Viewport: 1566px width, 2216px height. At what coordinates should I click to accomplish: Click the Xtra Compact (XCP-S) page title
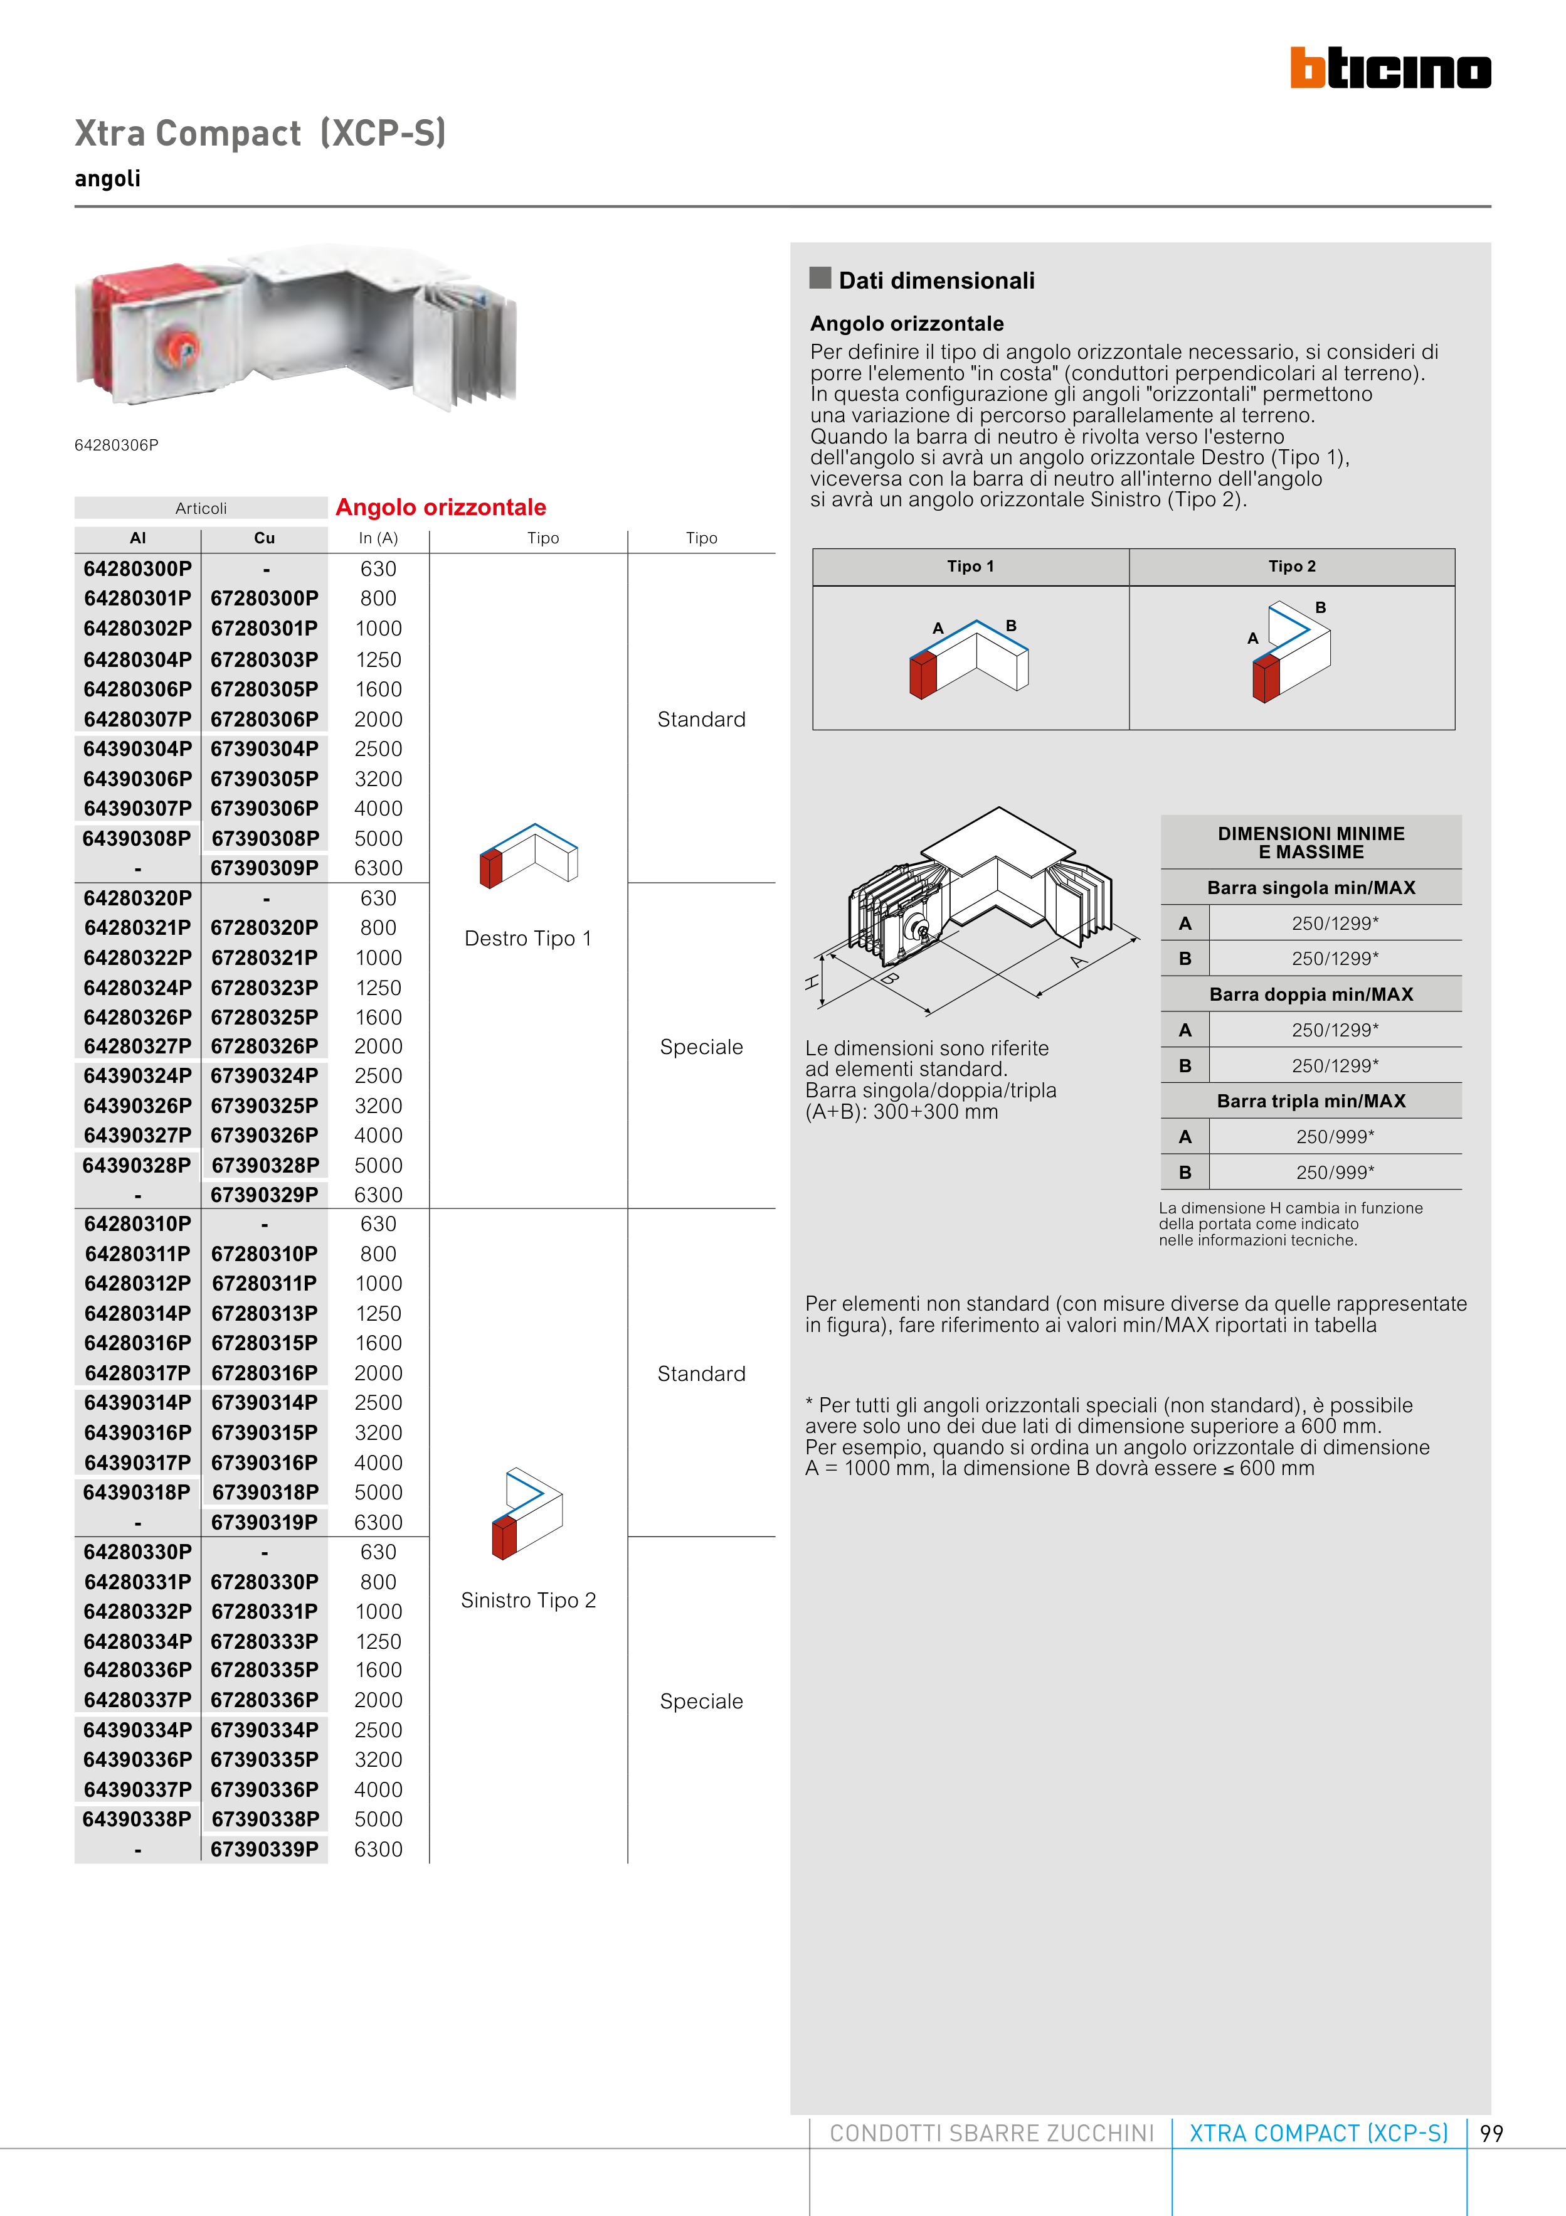click(x=260, y=133)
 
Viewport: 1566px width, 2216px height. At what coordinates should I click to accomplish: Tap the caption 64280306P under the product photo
click(x=117, y=445)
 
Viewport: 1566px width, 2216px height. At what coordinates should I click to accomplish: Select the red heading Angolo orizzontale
click(x=441, y=508)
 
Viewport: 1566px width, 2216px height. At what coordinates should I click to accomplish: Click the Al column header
click(x=138, y=538)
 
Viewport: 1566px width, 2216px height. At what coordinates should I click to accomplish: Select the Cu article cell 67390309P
click(x=265, y=868)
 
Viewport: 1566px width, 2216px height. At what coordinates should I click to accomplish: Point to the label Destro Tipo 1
click(x=528, y=938)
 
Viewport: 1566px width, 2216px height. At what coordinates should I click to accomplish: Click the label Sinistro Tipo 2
click(x=528, y=1601)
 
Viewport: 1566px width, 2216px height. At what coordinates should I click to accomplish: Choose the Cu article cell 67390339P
click(x=265, y=1849)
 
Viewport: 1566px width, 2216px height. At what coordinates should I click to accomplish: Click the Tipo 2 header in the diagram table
click(x=1291, y=567)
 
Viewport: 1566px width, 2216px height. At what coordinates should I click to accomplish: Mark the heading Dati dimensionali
click(x=936, y=281)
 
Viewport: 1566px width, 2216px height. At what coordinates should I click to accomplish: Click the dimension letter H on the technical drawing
click(x=812, y=983)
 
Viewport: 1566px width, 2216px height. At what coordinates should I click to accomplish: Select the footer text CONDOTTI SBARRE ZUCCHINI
click(x=991, y=2134)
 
